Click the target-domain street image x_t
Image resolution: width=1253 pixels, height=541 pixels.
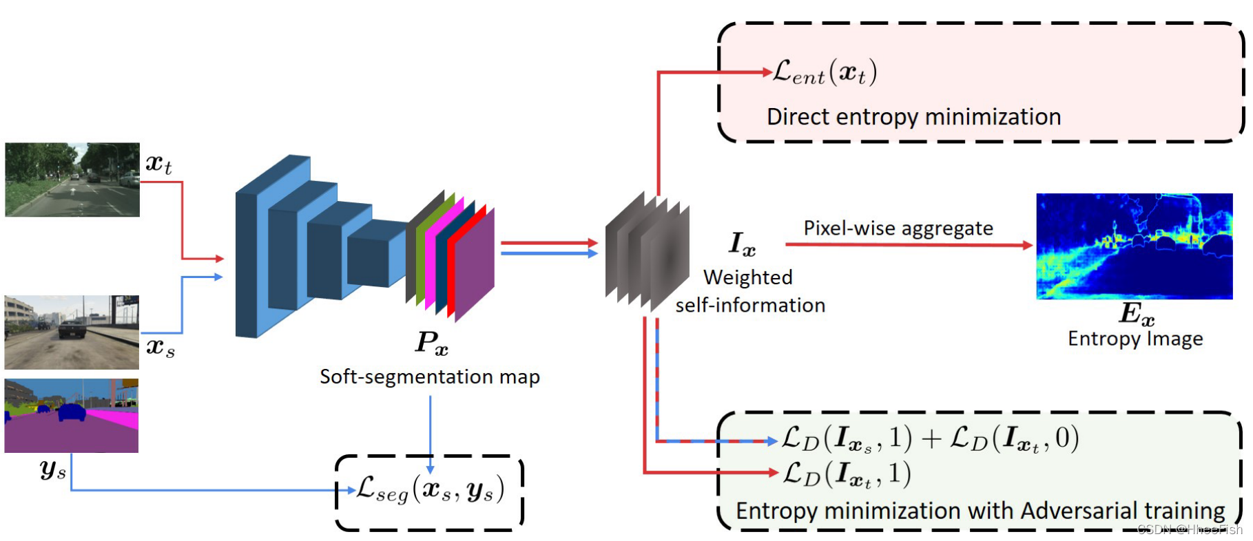[x=72, y=180]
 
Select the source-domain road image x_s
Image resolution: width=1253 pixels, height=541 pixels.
[x=72, y=332]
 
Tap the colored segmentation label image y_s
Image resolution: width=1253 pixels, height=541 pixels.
[x=72, y=416]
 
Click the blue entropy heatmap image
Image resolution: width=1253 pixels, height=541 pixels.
[x=1135, y=246]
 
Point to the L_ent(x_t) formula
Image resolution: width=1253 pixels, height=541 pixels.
[x=825, y=72]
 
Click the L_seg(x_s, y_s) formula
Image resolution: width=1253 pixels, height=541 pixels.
[x=431, y=489]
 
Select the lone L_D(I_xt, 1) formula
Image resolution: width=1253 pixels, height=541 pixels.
[x=847, y=474]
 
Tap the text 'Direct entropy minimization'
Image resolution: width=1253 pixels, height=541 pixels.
[x=914, y=117]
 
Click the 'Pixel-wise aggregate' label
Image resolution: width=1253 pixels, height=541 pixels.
[x=898, y=228]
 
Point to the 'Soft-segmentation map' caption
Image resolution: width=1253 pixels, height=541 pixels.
[x=430, y=376]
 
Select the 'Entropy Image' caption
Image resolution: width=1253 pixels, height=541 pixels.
[x=1135, y=339]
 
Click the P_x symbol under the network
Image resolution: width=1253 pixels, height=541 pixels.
[x=431, y=343]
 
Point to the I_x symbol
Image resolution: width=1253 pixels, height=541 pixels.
[x=743, y=244]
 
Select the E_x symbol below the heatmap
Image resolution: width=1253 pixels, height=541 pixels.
[x=1137, y=314]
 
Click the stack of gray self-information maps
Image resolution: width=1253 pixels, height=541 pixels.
[x=648, y=253]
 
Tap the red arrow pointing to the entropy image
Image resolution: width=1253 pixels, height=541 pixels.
[x=909, y=244]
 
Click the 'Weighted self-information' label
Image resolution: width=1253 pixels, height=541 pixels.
[x=750, y=291]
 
